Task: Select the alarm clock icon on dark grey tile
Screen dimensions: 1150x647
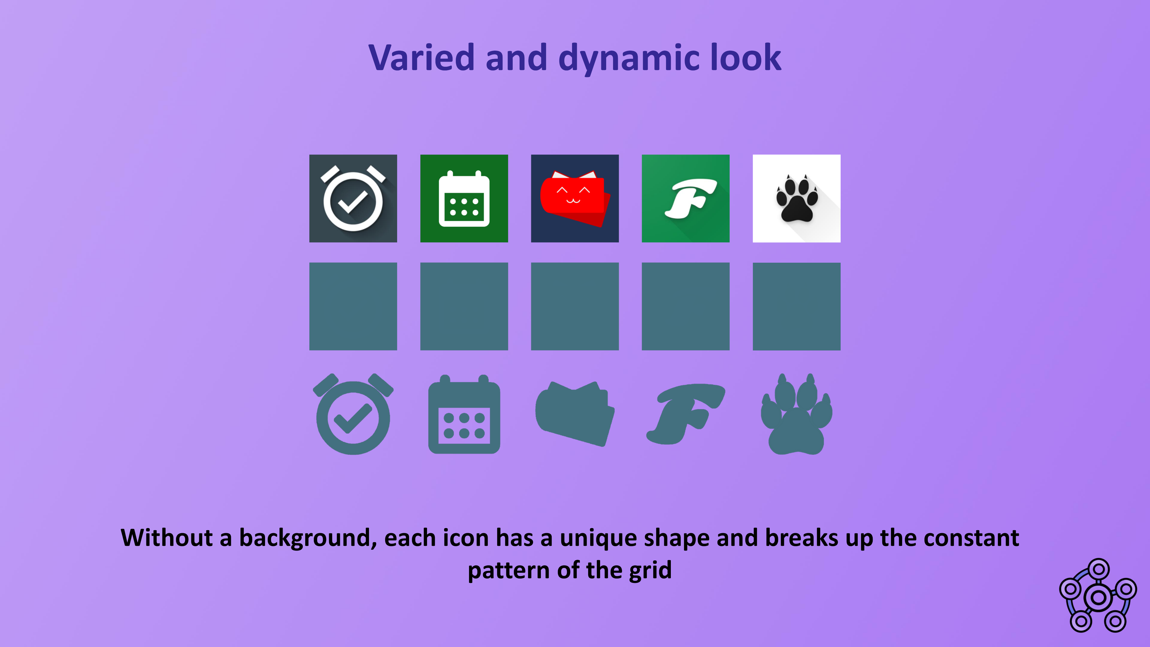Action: pos(353,198)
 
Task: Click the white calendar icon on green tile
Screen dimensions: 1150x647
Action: pos(464,199)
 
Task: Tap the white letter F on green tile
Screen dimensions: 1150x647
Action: pos(690,199)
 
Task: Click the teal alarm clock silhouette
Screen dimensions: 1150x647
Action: pos(353,414)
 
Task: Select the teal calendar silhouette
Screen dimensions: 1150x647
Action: pos(464,414)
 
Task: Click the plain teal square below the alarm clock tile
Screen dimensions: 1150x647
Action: pos(353,306)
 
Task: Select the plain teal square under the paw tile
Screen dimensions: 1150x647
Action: pos(796,306)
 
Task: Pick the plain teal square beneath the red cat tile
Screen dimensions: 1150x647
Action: pos(575,306)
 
